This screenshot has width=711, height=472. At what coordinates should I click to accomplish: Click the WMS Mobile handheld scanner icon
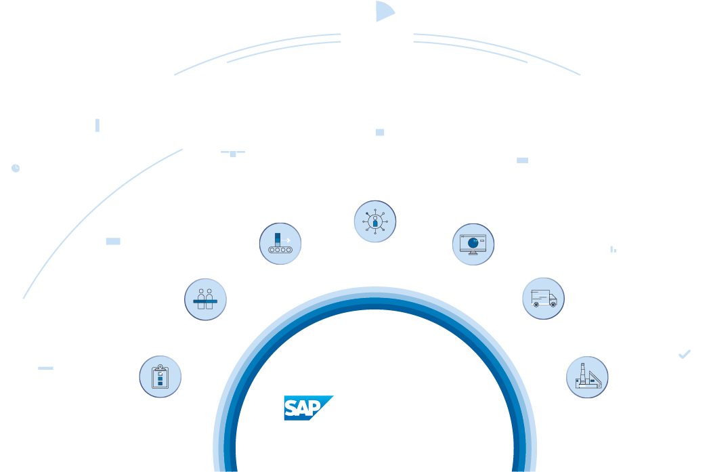point(521,168)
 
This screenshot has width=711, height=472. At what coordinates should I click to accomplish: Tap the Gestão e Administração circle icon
point(374,222)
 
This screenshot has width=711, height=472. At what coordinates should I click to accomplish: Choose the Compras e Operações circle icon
point(280,244)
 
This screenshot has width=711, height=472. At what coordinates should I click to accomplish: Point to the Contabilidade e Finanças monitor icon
point(473,244)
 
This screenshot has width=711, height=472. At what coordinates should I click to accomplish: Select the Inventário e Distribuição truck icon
point(543,298)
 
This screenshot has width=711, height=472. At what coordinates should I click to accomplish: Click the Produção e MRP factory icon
point(586,377)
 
